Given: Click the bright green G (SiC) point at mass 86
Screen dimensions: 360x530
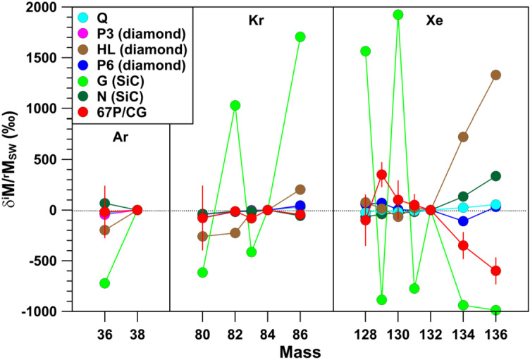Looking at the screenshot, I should pyautogui.click(x=300, y=37).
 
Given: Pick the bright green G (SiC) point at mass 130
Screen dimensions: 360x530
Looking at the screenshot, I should pyautogui.click(x=398, y=15).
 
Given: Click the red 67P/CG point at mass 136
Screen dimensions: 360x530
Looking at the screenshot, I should pyautogui.click(x=495, y=271).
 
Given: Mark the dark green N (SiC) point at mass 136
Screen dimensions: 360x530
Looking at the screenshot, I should pyautogui.click(x=495, y=176).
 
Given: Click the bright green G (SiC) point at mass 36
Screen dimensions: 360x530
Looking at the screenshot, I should pyautogui.click(x=105, y=283).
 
